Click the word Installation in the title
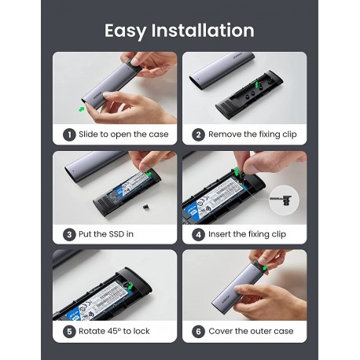[x=206, y=31]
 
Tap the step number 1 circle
[x=69, y=134]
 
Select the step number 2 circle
[x=199, y=134]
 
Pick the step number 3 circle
[x=69, y=233]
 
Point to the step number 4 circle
[x=199, y=233]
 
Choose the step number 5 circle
[x=69, y=331]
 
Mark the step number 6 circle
[x=199, y=331]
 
